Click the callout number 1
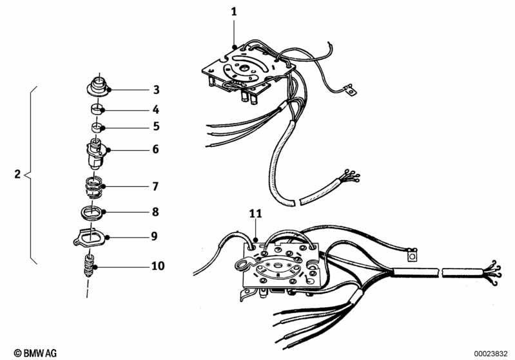tap(234, 12)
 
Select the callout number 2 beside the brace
tap(17, 174)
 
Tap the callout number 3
tap(157, 90)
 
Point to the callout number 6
tap(155, 149)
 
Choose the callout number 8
tap(155, 212)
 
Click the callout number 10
tap(158, 265)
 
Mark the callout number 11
tap(255, 214)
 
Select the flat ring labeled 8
tap(93, 213)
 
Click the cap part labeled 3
tap(98, 86)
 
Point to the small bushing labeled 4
tap(97, 108)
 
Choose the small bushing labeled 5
tap(97, 127)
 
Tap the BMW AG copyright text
tap(35, 353)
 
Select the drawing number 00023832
tap(491, 354)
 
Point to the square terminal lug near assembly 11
tap(413, 254)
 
